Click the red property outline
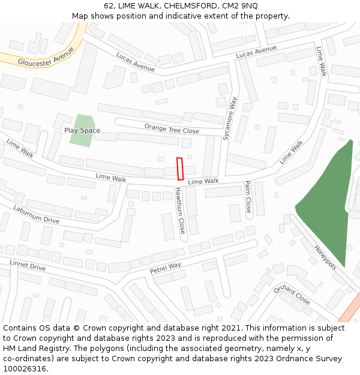180,169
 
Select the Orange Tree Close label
172,129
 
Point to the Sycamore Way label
230,119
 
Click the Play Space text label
82,130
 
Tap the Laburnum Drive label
36,214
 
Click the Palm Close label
248,197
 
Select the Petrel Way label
166,268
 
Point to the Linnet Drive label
28,265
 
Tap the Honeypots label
326,257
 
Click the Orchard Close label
292,295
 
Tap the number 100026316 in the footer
25,369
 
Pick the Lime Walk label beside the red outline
203,181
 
